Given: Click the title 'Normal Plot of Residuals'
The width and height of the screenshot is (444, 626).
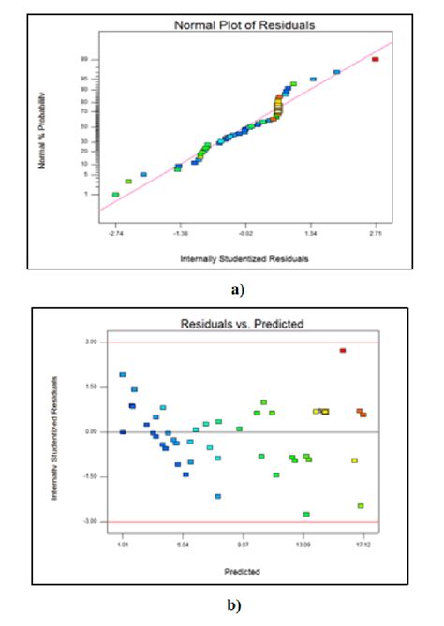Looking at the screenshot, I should click(x=244, y=23).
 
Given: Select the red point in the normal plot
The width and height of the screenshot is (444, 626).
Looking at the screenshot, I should click(x=375, y=59).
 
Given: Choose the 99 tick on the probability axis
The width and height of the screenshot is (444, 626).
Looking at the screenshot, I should click(x=84, y=59).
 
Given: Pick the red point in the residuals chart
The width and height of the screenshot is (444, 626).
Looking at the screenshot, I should click(x=343, y=350).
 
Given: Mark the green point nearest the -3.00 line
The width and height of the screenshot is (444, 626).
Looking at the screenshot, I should click(x=306, y=514).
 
